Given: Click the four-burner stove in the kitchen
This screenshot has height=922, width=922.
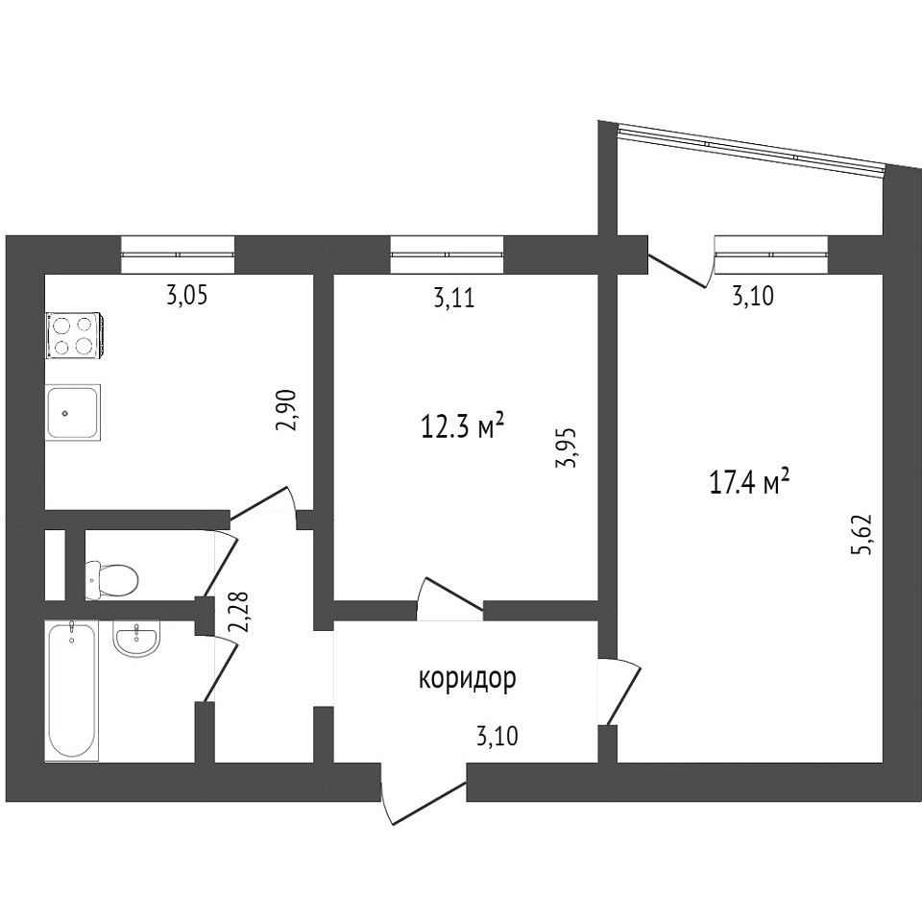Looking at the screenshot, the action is tap(76, 336).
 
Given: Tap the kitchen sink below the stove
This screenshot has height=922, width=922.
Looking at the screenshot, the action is tap(73, 413).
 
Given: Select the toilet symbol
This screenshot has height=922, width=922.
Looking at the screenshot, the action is tap(111, 580).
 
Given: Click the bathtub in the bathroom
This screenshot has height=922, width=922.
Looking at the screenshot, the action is tap(72, 691).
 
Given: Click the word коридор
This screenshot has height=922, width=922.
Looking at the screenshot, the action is tap(468, 679).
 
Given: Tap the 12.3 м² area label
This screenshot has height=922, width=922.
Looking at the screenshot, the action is tap(463, 425).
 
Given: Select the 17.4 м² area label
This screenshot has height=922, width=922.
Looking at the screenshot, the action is tap(749, 484).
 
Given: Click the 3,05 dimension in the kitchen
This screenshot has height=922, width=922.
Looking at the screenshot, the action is tap(187, 296).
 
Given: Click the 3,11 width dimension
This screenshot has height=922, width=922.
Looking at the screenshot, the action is tap(453, 299).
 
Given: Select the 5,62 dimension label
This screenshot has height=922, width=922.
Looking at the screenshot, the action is tap(866, 535).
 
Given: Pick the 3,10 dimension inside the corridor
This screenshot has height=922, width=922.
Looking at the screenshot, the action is tap(497, 737).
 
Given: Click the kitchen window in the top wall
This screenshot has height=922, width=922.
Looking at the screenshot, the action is tap(178, 255).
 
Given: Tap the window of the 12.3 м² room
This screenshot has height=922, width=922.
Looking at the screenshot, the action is tap(447, 255).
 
